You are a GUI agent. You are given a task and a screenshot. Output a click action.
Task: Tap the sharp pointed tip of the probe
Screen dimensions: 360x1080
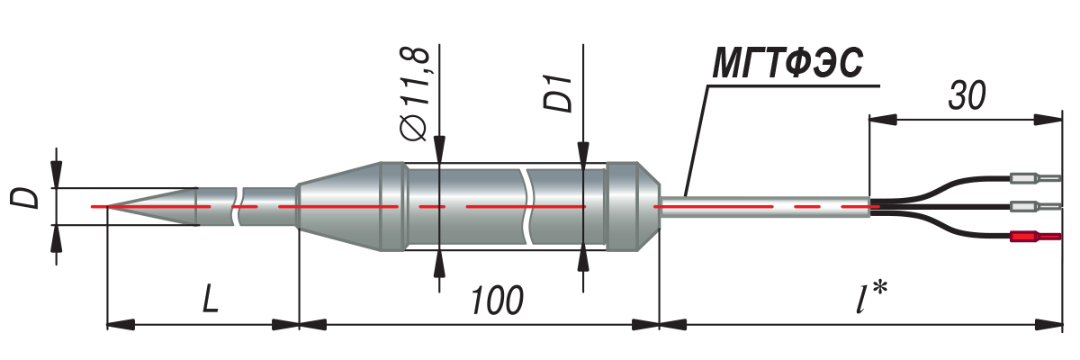point(94,207)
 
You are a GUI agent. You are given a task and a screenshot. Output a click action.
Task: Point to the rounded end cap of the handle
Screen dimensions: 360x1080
point(632,207)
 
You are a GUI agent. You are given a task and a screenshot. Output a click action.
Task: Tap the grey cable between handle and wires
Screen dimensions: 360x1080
point(765,207)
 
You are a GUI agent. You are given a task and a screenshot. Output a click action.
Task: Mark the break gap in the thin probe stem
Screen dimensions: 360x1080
point(239,207)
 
